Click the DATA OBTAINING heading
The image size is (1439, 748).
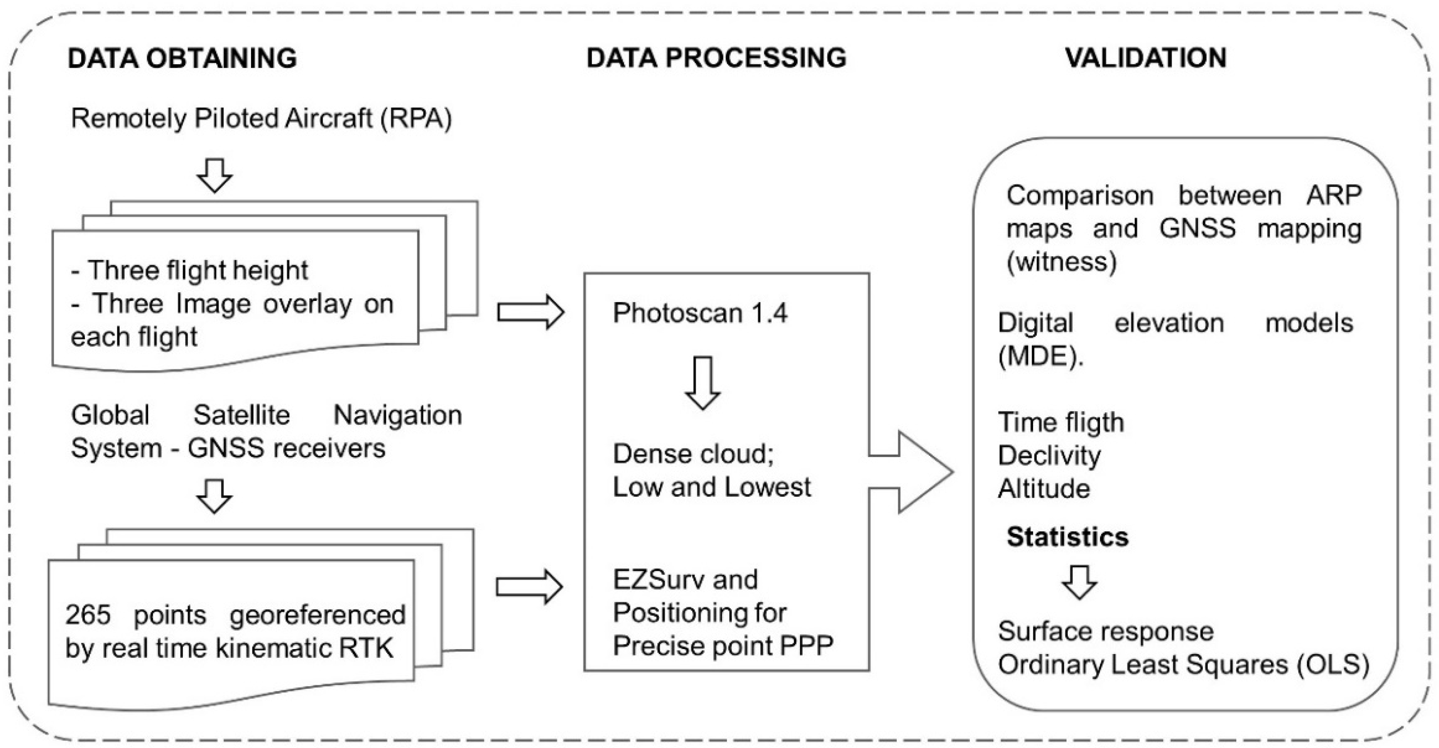[182, 58]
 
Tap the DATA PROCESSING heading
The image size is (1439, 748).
[716, 58]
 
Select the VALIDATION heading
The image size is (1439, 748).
[1145, 58]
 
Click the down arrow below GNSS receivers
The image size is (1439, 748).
[214, 496]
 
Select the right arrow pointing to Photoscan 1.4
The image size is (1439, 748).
[530, 312]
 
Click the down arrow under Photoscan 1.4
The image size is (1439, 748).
[703, 383]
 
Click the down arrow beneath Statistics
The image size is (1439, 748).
[1079, 583]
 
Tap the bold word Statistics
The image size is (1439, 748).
[1067, 537]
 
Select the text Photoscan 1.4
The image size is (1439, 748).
[700, 313]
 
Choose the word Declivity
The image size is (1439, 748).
[1049, 456]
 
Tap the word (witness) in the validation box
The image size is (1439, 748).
[1062, 262]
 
